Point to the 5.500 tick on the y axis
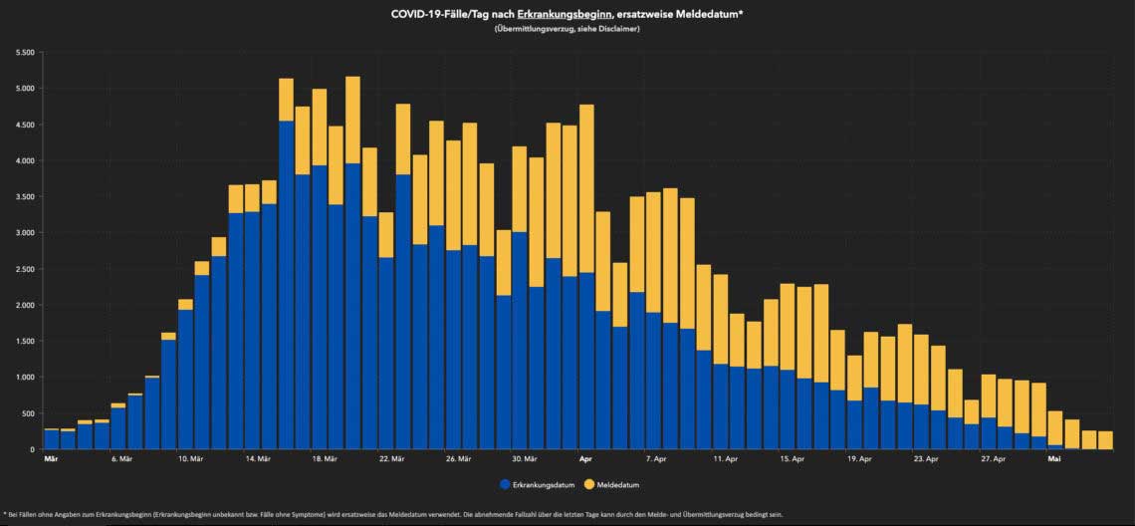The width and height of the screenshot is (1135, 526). (24, 52)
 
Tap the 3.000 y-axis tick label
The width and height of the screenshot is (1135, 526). (24, 233)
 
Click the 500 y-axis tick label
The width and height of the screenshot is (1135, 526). (28, 413)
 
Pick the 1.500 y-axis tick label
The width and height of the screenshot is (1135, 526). (24, 342)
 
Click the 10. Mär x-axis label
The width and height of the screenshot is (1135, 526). (191, 459)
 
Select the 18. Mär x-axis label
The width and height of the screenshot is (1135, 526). (325, 459)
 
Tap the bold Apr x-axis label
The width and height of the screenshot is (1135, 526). (586, 459)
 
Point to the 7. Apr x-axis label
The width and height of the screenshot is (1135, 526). (656, 459)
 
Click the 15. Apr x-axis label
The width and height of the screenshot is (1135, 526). (792, 459)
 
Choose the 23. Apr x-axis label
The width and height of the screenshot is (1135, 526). (926, 459)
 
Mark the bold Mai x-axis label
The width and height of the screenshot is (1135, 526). (1053, 459)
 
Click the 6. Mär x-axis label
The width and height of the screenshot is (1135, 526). (121, 459)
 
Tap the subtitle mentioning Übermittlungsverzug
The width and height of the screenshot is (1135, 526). (567, 29)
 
